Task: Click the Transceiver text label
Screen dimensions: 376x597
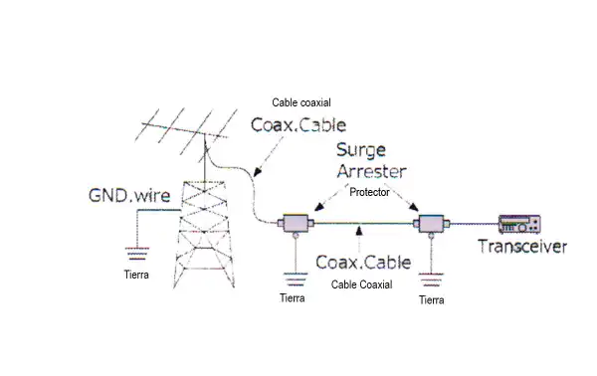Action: [x=522, y=247]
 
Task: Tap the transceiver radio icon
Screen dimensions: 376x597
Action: [x=521, y=224]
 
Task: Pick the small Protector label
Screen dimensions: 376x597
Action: [x=369, y=192]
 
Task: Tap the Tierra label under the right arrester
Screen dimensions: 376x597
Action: [x=432, y=298]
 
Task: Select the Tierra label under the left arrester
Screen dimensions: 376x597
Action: [x=293, y=296]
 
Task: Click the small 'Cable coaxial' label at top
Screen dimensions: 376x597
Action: [x=302, y=102]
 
